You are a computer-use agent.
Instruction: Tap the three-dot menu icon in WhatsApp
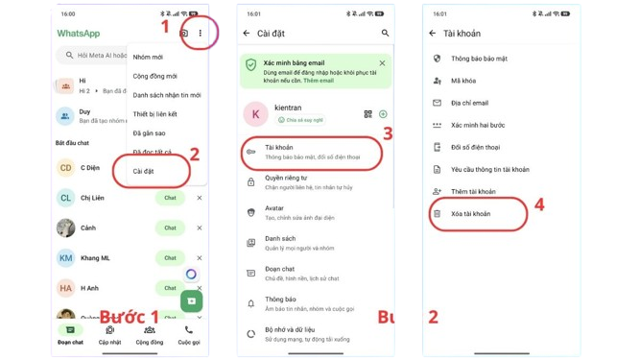[x=201, y=34]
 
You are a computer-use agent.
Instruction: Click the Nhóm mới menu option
[x=148, y=57]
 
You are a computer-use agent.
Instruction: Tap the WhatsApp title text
[x=78, y=34]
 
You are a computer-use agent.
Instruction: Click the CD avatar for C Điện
[x=65, y=168]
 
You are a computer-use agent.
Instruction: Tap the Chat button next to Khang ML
[x=170, y=258]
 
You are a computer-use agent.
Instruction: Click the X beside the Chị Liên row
[x=200, y=199]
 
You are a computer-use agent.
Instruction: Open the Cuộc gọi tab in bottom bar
[x=188, y=335]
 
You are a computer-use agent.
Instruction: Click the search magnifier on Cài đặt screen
[x=386, y=34]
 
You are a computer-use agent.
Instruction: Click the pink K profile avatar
[x=255, y=114]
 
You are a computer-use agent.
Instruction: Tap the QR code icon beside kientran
[x=367, y=114]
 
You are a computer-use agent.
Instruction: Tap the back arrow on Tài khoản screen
[x=433, y=34]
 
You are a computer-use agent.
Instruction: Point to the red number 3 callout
[x=388, y=133]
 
